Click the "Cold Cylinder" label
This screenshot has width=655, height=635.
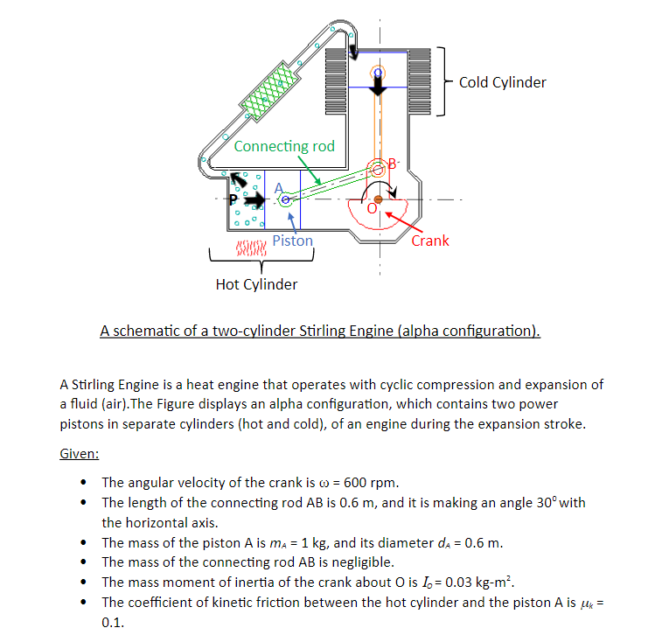[502, 82]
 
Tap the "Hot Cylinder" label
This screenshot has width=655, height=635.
[256, 284]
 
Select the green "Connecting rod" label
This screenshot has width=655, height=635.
[284, 146]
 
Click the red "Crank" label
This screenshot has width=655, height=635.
[429, 241]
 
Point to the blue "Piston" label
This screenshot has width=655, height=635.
[292, 241]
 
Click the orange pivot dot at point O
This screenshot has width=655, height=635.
[378, 199]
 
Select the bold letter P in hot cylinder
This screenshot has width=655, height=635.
[233, 200]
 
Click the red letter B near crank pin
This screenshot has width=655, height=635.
[392, 164]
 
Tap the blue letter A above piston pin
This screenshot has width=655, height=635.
[280, 186]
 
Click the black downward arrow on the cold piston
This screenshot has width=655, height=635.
[377, 88]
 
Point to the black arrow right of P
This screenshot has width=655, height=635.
[254, 200]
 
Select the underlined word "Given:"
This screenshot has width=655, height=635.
[79, 454]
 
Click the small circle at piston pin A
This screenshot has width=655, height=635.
[285, 200]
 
